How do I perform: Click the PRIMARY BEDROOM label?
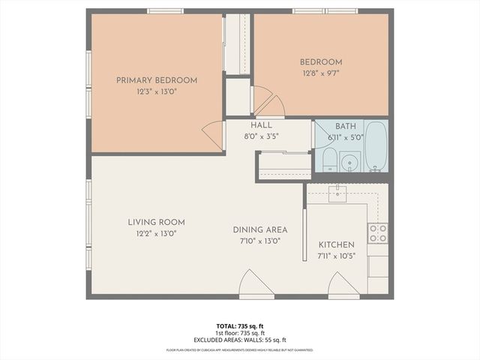[x=156, y=80]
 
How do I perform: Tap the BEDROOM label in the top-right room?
[x=321, y=62]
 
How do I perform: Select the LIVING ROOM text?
[x=156, y=222]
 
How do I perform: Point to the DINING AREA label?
[x=260, y=229]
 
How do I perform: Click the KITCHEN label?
[x=336, y=245]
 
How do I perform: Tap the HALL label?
[x=262, y=125]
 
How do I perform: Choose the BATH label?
[x=346, y=127]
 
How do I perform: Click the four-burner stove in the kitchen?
[x=377, y=233]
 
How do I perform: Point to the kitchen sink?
[x=338, y=193]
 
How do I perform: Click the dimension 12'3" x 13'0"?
[x=156, y=91]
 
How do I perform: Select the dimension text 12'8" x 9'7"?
[x=321, y=73]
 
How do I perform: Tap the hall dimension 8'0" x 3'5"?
[x=262, y=136]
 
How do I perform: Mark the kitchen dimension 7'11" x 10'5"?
[x=336, y=256]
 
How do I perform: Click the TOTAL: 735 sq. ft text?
[x=240, y=326]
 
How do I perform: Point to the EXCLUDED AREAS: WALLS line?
[x=240, y=340]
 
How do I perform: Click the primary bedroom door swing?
[x=214, y=134]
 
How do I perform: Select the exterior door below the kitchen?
[x=344, y=285]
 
